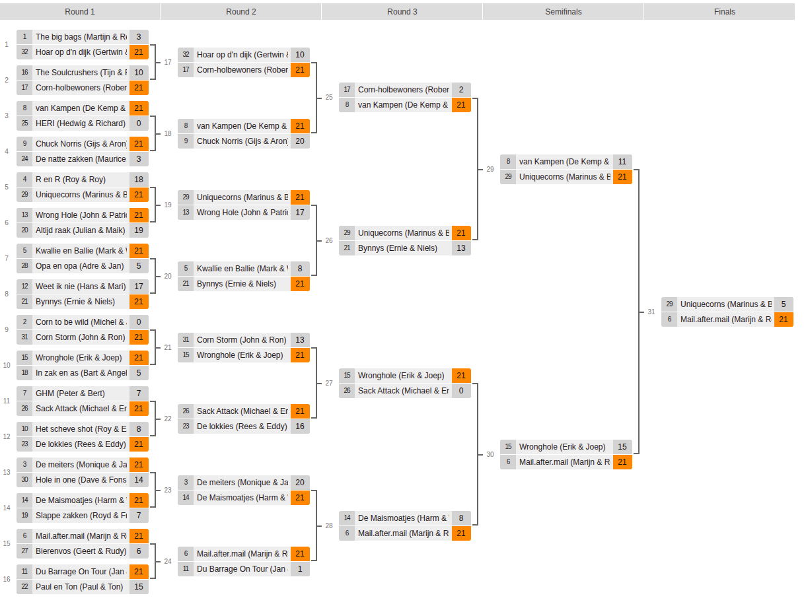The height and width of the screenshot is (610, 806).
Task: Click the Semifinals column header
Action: click(563, 12)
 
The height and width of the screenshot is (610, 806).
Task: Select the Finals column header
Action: click(724, 12)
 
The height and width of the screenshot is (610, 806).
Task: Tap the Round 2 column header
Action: click(240, 12)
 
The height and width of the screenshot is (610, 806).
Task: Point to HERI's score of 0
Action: click(139, 123)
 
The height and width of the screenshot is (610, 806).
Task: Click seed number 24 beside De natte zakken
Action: click(24, 159)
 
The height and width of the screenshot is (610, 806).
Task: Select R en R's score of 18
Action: click(139, 180)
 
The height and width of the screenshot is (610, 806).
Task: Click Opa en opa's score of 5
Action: click(139, 266)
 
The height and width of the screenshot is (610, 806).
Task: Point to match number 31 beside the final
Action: click(651, 312)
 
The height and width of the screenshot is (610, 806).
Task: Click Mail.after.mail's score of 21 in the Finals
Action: click(784, 320)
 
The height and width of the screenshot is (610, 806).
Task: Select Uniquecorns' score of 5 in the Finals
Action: click(784, 304)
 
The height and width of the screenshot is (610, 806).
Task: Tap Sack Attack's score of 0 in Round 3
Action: click(461, 391)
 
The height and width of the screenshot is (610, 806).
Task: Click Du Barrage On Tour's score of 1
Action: click(300, 569)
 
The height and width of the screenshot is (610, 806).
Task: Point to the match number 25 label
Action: click(329, 98)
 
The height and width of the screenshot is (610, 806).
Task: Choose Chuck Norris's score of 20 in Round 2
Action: click(300, 141)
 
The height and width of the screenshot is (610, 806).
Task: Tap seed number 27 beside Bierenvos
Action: click(24, 551)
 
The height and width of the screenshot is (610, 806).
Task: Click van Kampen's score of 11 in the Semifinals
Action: click(622, 162)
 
